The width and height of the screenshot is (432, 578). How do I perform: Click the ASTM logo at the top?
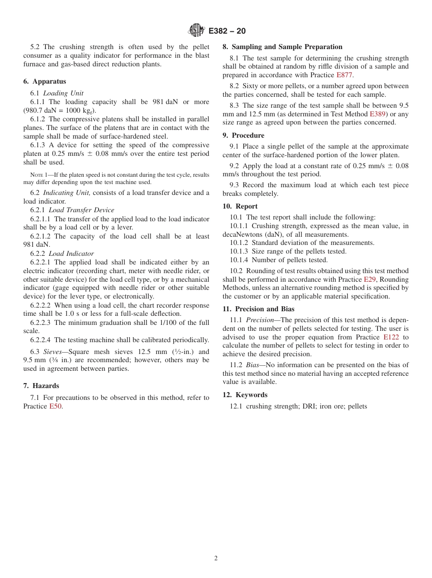pos(196,30)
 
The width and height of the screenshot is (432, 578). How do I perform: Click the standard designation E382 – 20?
pos(227,31)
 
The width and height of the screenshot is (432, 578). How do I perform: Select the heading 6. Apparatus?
pos(45,81)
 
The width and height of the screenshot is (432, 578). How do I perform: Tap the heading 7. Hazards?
pos(41,386)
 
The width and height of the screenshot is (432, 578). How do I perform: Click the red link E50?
pos(55,406)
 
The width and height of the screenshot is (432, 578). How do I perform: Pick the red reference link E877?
pos(344,75)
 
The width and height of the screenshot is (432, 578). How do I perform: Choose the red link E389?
pos(377,114)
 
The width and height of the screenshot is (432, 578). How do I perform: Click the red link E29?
pos(370,279)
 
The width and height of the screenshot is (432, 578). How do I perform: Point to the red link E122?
pos(391,337)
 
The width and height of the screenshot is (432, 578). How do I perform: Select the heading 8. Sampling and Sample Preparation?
pos(282,47)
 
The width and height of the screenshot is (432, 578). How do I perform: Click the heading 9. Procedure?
pos(243,135)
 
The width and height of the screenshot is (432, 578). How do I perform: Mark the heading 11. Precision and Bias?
pos(258,309)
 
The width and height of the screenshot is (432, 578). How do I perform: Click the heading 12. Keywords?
pos(245,395)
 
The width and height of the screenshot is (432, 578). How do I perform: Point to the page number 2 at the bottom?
pos(216,558)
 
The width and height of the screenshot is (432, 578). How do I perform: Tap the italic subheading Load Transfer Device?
pos(81,210)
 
